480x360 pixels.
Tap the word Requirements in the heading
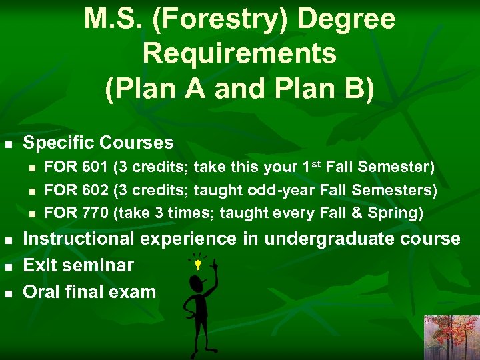click(239, 53)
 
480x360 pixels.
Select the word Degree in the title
click(346, 19)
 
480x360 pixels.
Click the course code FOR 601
click(76, 167)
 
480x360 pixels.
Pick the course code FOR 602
click(76, 190)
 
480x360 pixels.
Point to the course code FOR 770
click(76, 213)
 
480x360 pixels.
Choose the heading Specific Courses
click(98, 143)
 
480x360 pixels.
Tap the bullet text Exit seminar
click(78, 265)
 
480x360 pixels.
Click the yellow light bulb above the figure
click(197, 265)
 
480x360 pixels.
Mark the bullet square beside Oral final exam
click(8, 293)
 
